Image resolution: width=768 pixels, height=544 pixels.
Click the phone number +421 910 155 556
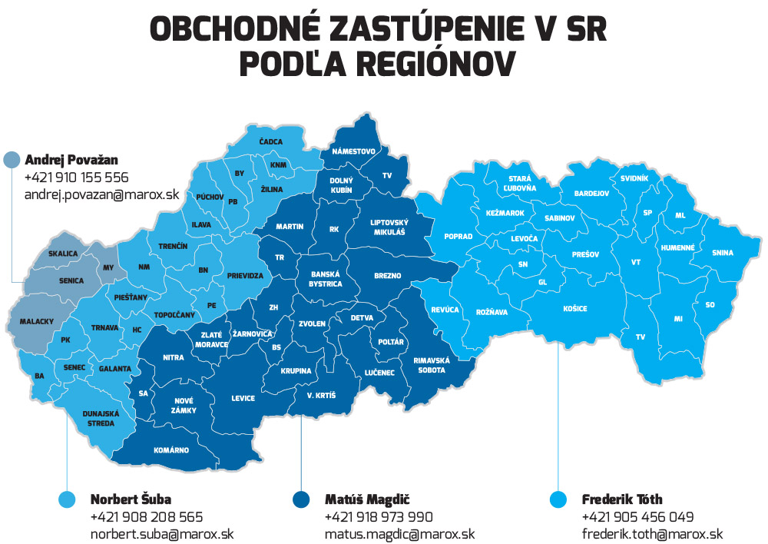tap(77, 177)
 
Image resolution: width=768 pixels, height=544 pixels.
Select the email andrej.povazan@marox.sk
tap(101, 194)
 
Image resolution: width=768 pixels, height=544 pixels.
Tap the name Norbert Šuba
tap(131, 499)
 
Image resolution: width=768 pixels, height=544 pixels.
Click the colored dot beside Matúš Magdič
tap(301, 500)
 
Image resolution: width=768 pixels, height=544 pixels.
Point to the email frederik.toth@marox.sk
tap(652, 534)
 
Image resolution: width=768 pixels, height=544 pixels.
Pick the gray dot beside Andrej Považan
tap(12, 160)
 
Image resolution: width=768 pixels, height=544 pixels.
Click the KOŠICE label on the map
tap(574, 308)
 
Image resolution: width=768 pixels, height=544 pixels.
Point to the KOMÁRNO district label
tap(172, 449)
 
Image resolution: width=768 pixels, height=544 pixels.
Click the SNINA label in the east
tap(722, 253)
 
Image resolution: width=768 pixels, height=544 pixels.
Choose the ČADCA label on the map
tap(271, 141)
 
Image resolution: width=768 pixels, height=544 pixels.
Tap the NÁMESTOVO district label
tap(353, 151)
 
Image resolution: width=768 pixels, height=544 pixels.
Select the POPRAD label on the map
tap(458, 237)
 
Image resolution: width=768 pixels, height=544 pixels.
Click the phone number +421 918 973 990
tap(379, 517)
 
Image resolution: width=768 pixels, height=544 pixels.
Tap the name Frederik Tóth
tap(622, 499)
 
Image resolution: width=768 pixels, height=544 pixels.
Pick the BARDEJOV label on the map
tap(591, 194)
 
